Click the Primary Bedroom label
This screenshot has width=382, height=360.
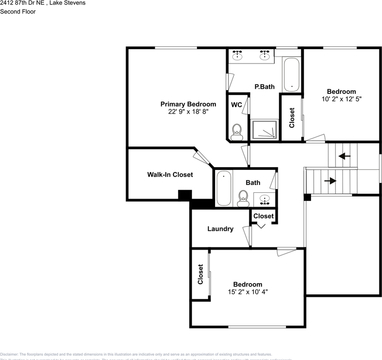coord(188,104)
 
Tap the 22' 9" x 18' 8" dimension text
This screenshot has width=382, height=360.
coord(188,112)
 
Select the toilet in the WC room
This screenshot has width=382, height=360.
coord(236,132)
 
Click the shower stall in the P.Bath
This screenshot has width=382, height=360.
coord(265,130)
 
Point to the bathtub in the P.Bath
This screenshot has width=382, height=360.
coord(291,74)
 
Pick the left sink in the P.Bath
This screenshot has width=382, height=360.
coord(237,55)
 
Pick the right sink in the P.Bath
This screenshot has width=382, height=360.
coord(265,55)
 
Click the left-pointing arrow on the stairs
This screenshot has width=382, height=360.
coord(344,156)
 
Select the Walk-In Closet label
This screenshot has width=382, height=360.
coord(170,175)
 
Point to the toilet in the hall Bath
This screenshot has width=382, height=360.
coord(243,198)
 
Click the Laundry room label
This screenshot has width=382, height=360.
coord(220,229)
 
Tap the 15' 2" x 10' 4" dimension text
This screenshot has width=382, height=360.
coord(248,292)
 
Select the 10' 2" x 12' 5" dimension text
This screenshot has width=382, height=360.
coord(341,99)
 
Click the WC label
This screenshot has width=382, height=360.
coord(236,105)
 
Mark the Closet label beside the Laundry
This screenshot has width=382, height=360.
coord(263,216)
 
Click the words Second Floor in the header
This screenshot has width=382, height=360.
coord(18,12)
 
